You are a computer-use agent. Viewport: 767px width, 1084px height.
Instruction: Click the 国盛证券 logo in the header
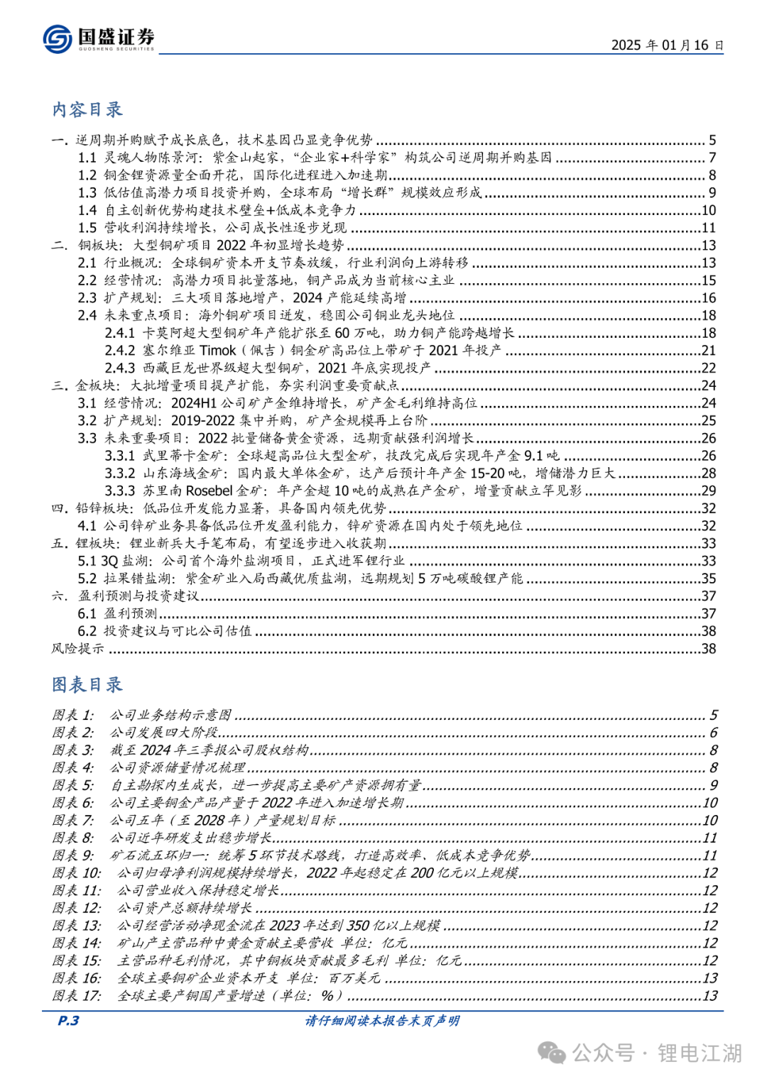(98, 38)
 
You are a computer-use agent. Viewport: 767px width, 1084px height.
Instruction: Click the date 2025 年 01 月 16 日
(667, 45)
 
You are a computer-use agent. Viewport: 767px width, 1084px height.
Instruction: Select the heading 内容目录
(87, 110)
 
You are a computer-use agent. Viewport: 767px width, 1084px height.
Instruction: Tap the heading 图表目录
(87, 685)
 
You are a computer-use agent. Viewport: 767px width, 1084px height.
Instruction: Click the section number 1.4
(87, 210)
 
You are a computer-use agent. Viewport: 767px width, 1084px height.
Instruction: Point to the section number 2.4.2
(120, 351)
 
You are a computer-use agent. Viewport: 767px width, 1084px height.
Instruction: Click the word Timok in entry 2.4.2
(217, 351)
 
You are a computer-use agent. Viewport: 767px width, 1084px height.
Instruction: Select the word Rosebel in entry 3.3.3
(209, 491)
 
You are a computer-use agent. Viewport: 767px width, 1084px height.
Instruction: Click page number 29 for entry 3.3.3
(708, 491)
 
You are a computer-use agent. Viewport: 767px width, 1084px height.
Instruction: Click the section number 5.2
(87, 579)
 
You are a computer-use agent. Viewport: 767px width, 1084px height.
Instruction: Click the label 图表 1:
(72, 715)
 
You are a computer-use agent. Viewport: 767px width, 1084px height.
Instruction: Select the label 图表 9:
(72, 855)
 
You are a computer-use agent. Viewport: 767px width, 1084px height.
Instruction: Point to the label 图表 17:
(76, 996)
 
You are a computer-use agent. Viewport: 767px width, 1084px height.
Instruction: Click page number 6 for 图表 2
(713, 733)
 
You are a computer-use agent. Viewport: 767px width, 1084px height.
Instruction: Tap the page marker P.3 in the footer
(68, 1021)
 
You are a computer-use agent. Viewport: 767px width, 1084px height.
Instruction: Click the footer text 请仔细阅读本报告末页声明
(383, 1021)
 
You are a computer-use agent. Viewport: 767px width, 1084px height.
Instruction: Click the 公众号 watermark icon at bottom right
(552, 1053)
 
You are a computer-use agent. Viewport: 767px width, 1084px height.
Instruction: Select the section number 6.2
(87, 631)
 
